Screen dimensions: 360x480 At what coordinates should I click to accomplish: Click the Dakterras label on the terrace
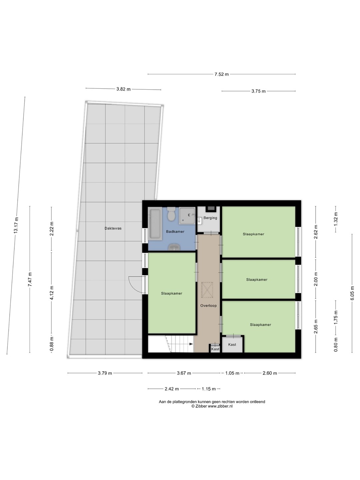(113, 228)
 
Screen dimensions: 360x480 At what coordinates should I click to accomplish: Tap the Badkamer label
(175, 232)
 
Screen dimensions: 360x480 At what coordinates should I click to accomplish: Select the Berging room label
(210, 218)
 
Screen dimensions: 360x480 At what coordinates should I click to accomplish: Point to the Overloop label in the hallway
(209, 305)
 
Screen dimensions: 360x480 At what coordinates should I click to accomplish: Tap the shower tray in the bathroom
(187, 216)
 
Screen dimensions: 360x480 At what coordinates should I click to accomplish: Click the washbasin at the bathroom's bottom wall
(174, 247)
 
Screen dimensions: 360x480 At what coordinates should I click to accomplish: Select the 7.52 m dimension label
(221, 74)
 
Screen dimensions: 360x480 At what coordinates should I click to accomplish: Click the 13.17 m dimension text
(16, 225)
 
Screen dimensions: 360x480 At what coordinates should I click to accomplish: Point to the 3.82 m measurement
(123, 89)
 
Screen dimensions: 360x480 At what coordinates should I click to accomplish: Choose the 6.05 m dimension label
(352, 293)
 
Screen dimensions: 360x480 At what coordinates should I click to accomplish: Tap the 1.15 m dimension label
(209, 389)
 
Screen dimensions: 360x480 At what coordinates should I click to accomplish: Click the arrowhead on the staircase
(191, 344)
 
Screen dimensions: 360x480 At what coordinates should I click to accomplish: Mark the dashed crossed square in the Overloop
(207, 290)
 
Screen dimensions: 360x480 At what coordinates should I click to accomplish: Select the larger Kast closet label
(232, 345)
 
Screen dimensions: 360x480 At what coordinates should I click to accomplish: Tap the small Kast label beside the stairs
(215, 349)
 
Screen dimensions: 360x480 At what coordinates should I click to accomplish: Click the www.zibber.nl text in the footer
(220, 406)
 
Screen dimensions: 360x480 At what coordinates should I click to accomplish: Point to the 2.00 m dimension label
(316, 279)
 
